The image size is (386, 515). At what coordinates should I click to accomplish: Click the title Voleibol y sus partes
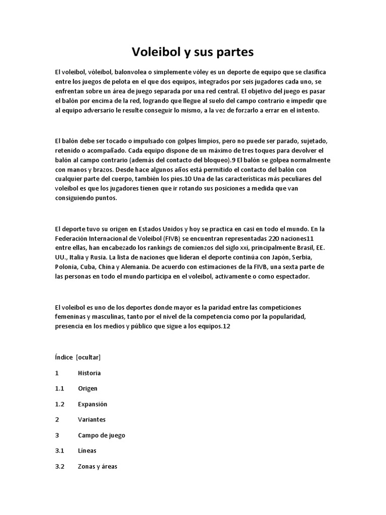point(193,52)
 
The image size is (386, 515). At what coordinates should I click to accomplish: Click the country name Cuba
point(91,268)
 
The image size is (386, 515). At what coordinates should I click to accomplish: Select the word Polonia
point(67,268)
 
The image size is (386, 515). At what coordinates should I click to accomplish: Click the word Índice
point(64,358)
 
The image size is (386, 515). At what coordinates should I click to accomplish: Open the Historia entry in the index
point(89,373)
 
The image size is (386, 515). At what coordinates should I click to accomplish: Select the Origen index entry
point(87,389)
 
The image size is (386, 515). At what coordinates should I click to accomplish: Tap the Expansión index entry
point(92,404)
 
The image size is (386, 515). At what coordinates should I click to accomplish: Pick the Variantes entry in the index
point(91,419)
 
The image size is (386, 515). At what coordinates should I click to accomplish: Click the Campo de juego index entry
point(102,435)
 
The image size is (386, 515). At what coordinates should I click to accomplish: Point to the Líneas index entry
point(87,451)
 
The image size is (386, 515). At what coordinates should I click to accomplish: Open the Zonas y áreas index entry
point(98,466)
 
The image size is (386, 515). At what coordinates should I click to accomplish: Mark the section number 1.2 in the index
point(60,404)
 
